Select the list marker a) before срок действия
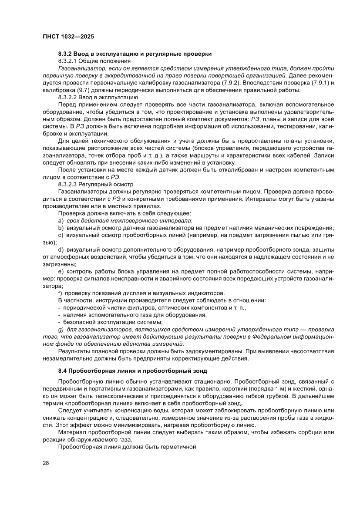(61, 221)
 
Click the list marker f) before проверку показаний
(61, 293)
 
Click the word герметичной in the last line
(180, 447)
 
